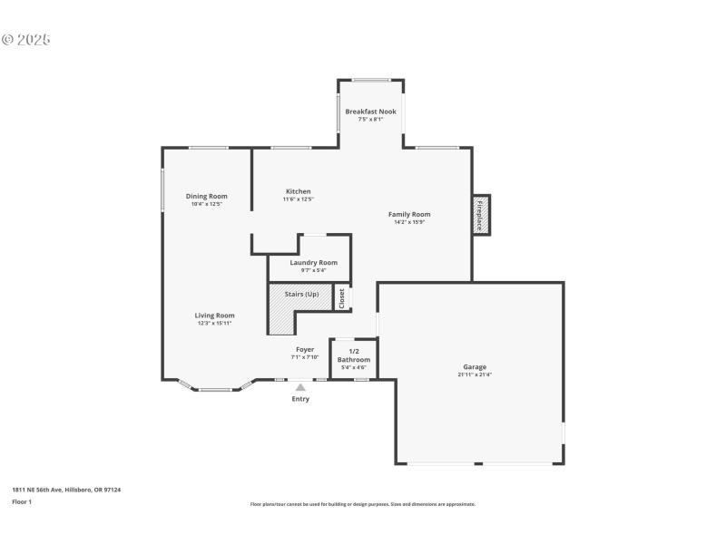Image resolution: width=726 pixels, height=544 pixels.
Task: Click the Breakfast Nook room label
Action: coord(370,112)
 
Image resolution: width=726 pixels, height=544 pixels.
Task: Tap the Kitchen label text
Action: coord(298,191)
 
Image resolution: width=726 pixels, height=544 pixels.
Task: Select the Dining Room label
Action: coord(206,196)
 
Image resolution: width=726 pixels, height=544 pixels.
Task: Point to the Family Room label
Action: coord(408,214)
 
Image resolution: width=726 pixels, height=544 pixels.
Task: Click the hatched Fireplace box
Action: coord(480,215)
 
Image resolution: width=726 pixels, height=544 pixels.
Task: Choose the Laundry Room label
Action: coord(313,262)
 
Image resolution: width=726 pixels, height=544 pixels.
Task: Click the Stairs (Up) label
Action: coord(301,295)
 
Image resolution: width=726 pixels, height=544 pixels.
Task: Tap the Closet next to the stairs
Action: coord(342,298)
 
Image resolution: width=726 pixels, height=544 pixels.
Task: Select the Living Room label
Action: coord(214,316)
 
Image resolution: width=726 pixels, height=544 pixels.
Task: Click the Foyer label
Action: coord(305,349)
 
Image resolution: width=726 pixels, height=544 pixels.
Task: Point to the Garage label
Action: coord(475,366)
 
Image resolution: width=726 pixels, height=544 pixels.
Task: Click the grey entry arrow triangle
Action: coord(300,387)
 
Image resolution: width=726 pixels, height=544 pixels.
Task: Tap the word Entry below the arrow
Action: coord(300,399)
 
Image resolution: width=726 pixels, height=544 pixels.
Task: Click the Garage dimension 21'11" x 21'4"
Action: coord(475,374)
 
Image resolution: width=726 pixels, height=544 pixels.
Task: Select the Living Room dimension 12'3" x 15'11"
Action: coord(214,323)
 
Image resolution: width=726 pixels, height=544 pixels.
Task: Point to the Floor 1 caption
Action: coord(22,501)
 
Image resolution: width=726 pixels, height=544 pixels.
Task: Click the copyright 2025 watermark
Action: coord(26,40)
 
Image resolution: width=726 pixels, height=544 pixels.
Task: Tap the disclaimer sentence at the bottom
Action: coord(362,504)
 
